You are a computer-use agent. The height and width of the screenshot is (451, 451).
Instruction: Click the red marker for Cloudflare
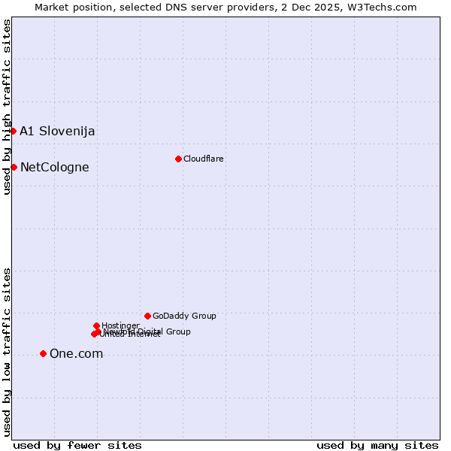click(x=178, y=159)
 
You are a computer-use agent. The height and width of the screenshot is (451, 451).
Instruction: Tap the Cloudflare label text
click(x=204, y=159)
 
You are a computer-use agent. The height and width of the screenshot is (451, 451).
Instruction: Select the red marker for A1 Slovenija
click(x=13, y=131)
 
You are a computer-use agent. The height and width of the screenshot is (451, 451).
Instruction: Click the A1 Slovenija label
click(x=57, y=131)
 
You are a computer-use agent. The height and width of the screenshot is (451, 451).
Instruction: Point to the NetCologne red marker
click(x=14, y=167)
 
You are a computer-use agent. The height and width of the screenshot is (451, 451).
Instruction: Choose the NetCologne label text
click(x=54, y=167)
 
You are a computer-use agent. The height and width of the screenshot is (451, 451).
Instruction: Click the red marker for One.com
click(x=43, y=353)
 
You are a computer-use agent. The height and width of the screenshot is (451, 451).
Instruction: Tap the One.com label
click(x=76, y=353)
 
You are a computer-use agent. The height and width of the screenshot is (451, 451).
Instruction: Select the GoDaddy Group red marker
click(x=147, y=316)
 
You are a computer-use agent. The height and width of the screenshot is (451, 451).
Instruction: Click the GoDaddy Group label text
click(x=184, y=316)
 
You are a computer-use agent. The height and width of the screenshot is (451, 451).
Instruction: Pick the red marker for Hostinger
click(x=96, y=325)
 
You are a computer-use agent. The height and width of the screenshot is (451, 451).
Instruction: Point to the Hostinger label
click(x=121, y=325)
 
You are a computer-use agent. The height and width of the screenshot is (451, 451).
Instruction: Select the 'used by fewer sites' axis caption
click(x=77, y=445)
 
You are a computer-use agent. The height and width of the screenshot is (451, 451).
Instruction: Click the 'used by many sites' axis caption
click(x=377, y=445)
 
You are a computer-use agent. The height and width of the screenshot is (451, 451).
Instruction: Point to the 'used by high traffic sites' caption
click(x=7, y=107)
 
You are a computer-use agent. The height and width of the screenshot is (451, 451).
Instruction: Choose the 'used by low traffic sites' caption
click(x=7, y=351)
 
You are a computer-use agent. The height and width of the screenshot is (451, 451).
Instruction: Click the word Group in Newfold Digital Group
click(x=177, y=331)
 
